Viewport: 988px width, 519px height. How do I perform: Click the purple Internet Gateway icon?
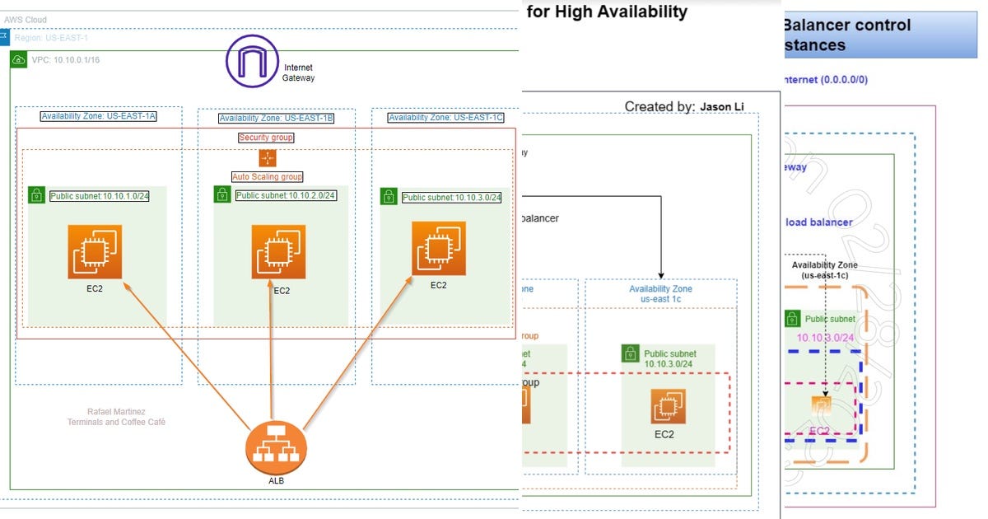(253, 61)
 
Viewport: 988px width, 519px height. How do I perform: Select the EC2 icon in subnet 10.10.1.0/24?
(96, 252)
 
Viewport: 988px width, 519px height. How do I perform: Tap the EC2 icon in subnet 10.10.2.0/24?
(278, 252)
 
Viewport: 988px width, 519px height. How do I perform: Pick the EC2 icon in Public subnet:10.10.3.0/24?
(439, 248)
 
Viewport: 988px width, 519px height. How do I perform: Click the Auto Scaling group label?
(267, 176)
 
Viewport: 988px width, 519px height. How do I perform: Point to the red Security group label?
(266, 138)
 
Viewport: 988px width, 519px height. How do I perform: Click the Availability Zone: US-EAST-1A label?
(98, 116)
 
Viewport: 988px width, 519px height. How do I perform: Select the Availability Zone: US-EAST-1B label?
(276, 118)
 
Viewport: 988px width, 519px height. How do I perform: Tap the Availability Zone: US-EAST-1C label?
(445, 118)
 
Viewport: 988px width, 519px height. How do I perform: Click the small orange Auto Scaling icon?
(267, 158)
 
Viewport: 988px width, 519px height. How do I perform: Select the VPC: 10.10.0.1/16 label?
(65, 60)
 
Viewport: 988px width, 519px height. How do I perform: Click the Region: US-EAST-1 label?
(50, 39)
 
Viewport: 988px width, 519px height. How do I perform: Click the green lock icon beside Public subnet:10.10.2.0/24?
(222, 194)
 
